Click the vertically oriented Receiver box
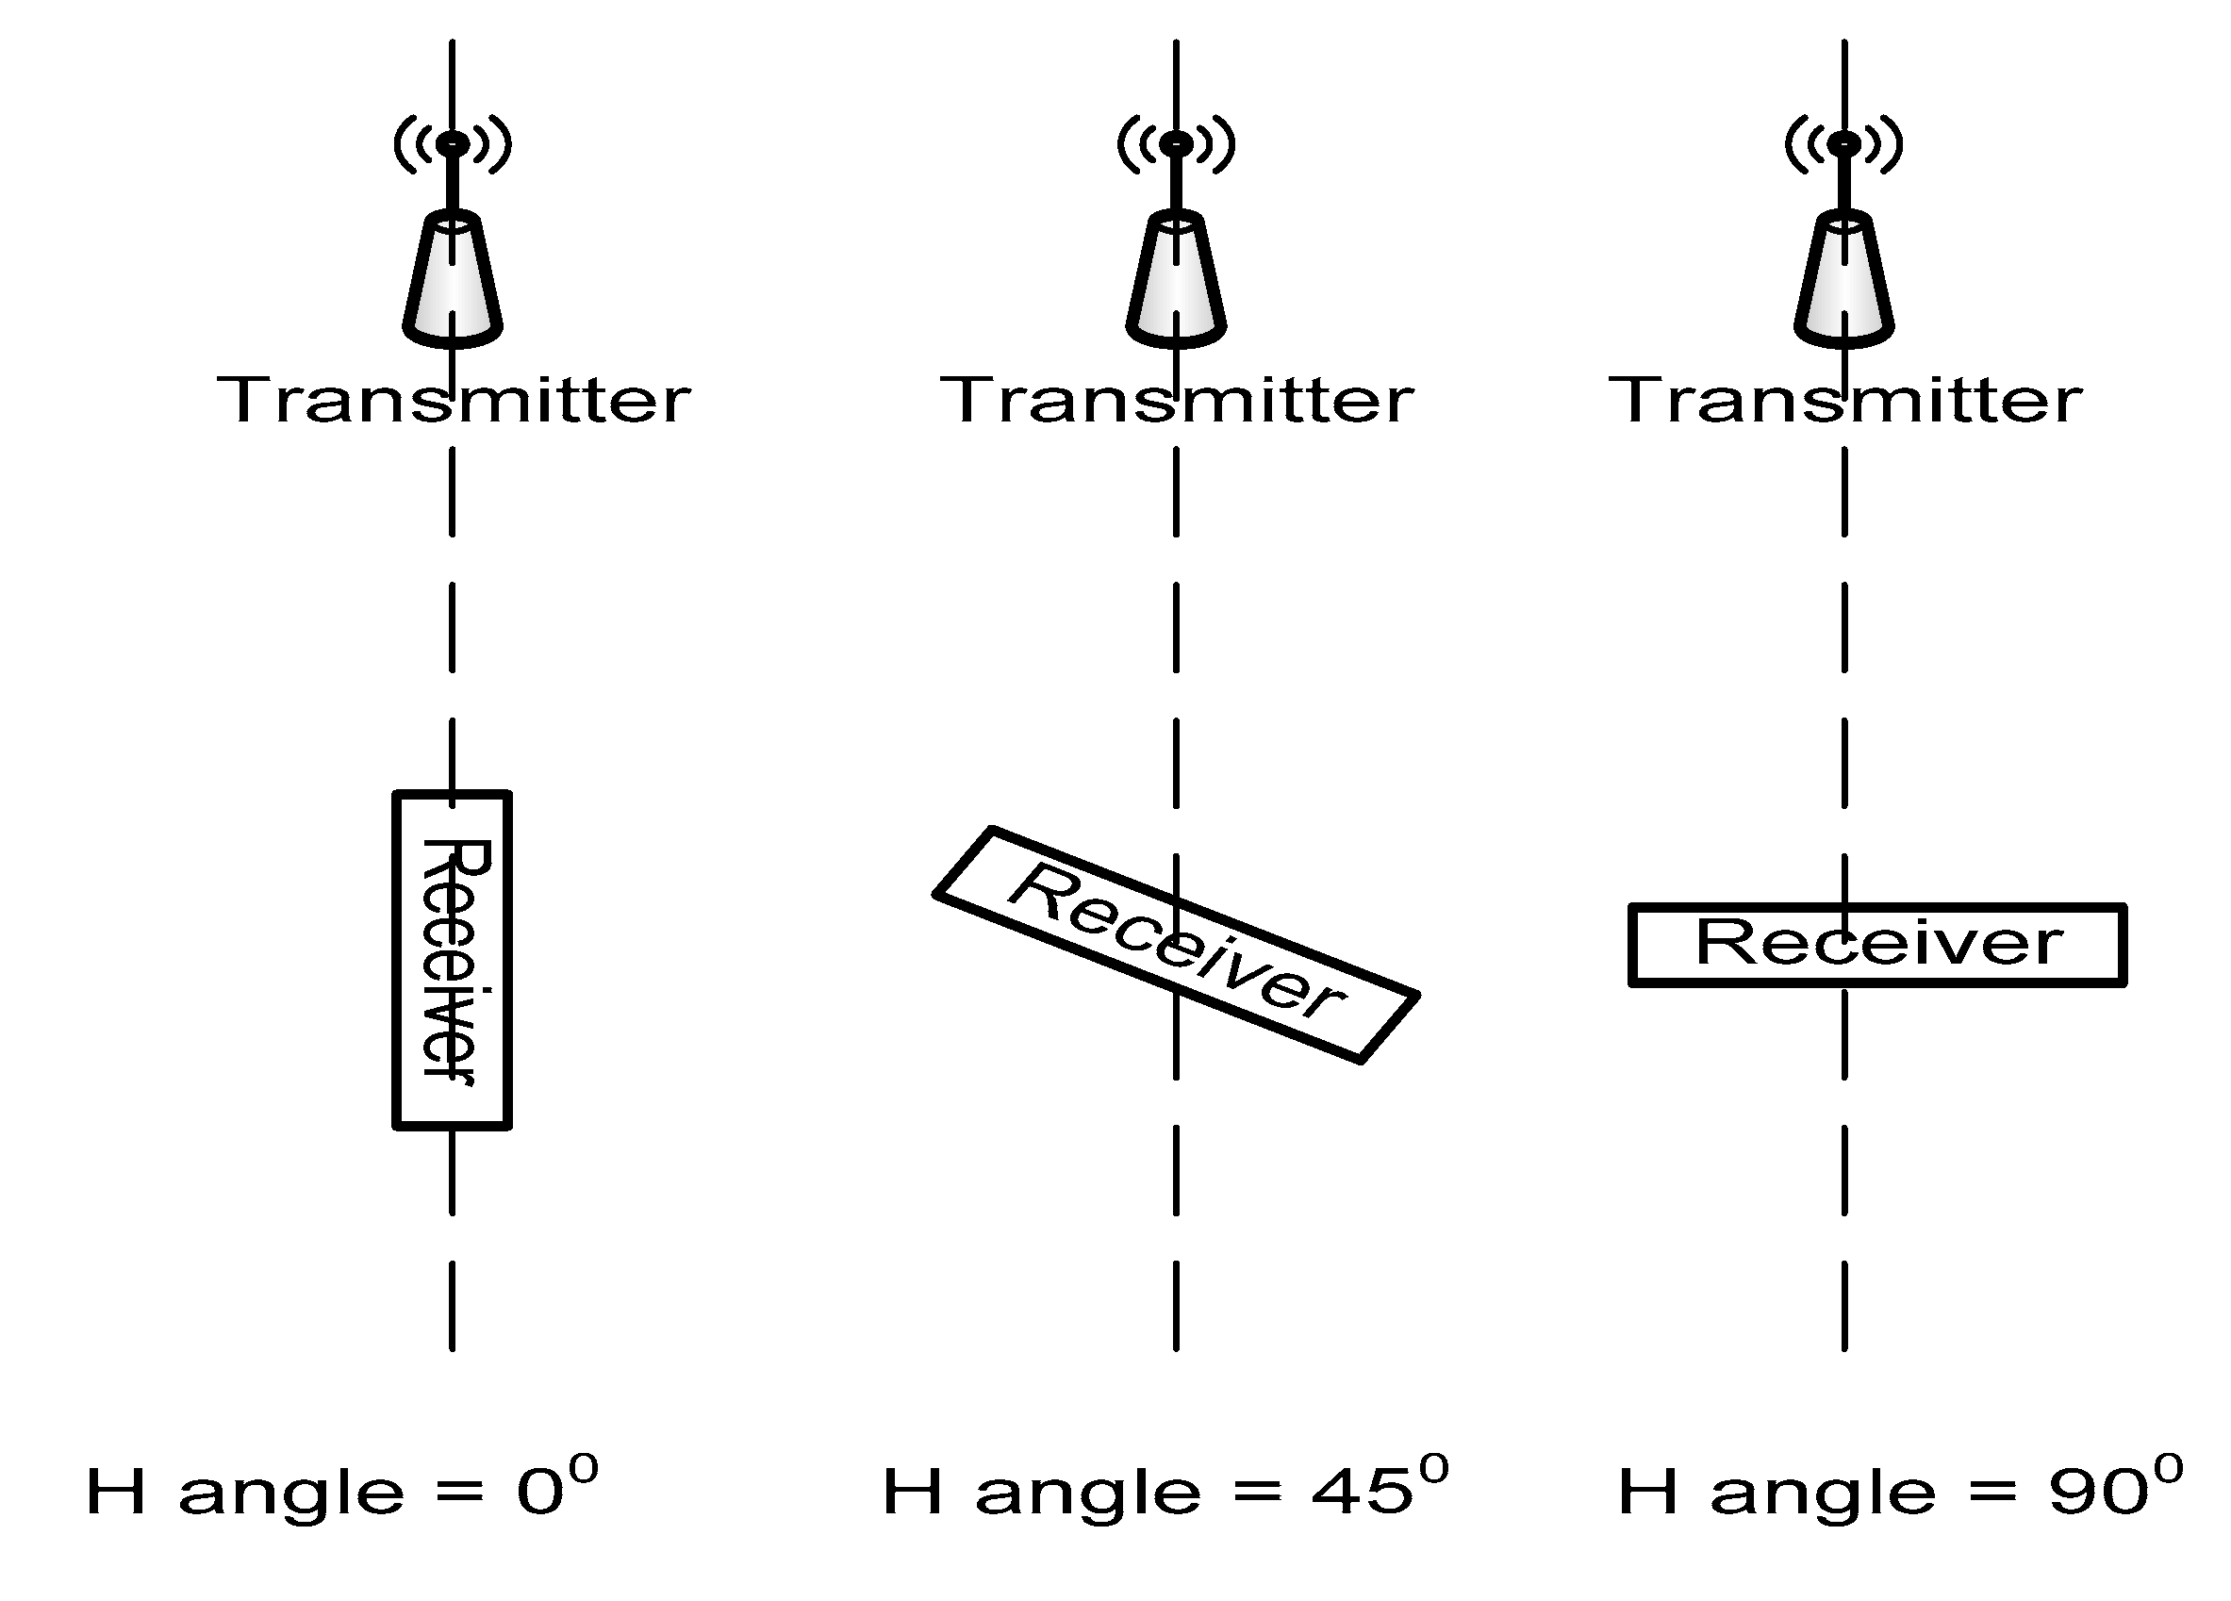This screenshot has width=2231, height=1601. coord(453,960)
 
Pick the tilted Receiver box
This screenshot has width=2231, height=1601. coord(1176,944)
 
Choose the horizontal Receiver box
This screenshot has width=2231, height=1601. coord(1876,944)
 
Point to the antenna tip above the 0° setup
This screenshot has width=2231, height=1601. coord(453,143)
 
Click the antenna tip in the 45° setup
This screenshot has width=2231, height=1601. coord(1176,143)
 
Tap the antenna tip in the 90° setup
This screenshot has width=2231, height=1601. coord(1844,143)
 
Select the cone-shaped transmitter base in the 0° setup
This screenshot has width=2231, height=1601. coord(453,280)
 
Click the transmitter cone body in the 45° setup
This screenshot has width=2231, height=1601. coord(1176,280)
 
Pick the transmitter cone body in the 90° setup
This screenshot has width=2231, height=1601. coord(1844,280)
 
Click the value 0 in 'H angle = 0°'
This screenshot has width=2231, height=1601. coord(540,1492)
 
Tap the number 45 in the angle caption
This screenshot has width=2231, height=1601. coord(1362,1492)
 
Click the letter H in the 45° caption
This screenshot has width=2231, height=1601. coord(912,1492)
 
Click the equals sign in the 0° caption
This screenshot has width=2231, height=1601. coord(459,1493)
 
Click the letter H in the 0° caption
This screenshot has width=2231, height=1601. coord(116,1492)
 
